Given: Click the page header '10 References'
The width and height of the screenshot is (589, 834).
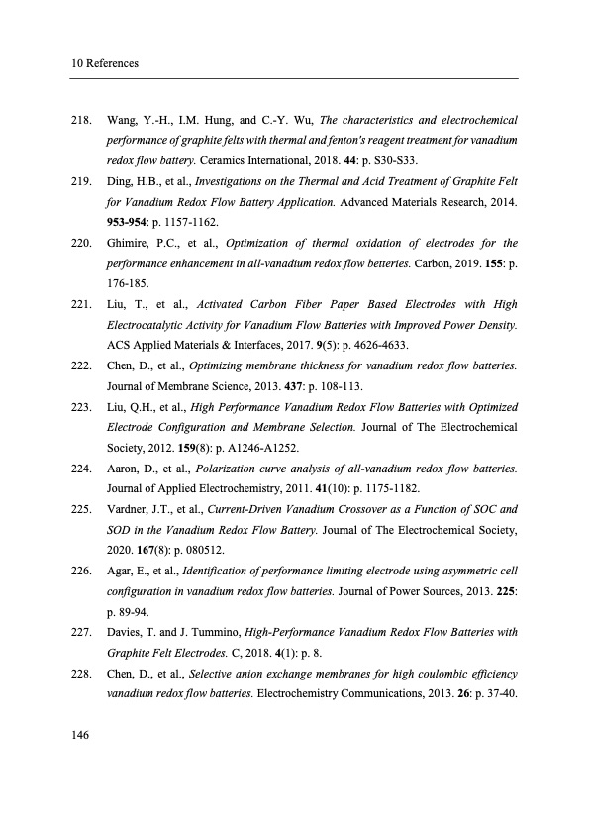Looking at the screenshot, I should pyautogui.click(x=104, y=64).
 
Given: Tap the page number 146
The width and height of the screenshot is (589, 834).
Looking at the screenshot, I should pyautogui.click(x=81, y=734).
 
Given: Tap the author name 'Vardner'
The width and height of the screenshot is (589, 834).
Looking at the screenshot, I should pyautogui.click(x=128, y=509).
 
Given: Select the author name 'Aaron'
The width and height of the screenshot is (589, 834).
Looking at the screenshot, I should pyautogui.click(x=124, y=469).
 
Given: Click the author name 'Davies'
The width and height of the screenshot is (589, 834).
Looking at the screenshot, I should pyautogui.click(x=126, y=633).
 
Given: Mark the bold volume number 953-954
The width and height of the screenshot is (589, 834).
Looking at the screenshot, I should pyautogui.click(x=130, y=221).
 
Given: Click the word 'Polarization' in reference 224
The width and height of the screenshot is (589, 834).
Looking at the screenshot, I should pyautogui.click(x=231, y=469).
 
